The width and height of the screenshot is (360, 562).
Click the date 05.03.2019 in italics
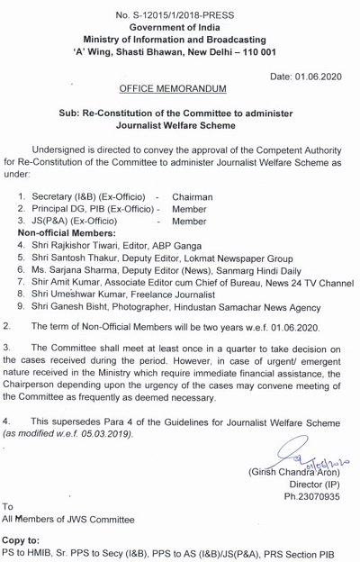click(x=102, y=434)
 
